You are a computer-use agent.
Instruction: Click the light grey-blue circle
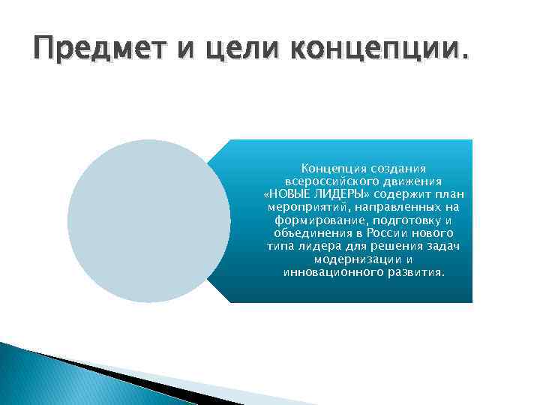pos(148,220)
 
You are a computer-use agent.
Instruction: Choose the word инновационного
pos(328,272)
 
